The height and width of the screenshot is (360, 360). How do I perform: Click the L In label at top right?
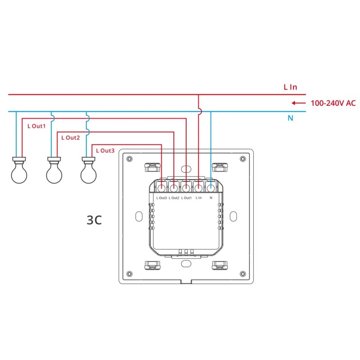(x=290, y=87)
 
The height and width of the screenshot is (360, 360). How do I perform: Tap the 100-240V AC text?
(x=333, y=103)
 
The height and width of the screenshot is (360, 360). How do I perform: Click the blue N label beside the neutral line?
(x=290, y=118)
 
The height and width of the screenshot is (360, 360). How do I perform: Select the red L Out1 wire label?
(x=36, y=126)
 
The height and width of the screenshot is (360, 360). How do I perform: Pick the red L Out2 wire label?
(x=70, y=137)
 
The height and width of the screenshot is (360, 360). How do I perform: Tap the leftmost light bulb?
(x=19, y=170)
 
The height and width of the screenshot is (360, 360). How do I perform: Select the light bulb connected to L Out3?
(x=89, y=170)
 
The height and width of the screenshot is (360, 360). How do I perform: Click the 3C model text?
(x=94, y=220)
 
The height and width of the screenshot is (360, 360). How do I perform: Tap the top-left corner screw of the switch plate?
(x=130, y=159)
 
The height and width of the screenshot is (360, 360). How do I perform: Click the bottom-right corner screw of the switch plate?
(x=243, y=274)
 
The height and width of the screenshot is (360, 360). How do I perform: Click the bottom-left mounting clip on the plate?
(x=153, y=265)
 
